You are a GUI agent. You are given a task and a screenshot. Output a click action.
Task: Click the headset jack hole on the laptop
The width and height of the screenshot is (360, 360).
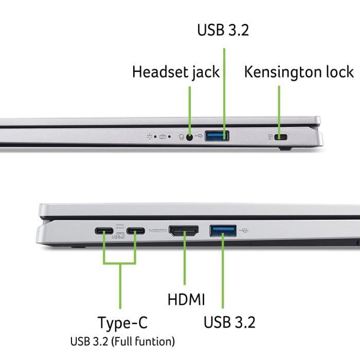click(x=190, y=137)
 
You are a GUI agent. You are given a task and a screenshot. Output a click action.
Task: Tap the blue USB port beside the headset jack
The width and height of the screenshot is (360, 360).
click(x=217, y=136)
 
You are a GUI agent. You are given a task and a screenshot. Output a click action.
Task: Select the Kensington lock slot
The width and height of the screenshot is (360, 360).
click(x=281, y=137)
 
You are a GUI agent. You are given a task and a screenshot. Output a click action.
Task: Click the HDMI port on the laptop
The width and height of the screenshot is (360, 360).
click(x=184, y=231)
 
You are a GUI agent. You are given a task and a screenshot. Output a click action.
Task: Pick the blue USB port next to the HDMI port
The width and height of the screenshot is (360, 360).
click(x=223, y=230)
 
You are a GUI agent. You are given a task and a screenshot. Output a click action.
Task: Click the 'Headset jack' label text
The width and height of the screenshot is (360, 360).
click(x=176, y=72)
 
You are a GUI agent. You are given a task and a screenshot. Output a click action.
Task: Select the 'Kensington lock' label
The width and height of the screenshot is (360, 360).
click(x=299, y=71)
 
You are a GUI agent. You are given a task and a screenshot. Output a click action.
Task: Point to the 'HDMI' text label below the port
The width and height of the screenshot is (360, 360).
click(x=186, y=299)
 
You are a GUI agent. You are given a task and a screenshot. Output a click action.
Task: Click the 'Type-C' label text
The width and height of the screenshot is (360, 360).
click(x=122, y=323)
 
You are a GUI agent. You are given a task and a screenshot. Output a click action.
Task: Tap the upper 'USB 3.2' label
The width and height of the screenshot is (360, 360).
click(x=223, y=29)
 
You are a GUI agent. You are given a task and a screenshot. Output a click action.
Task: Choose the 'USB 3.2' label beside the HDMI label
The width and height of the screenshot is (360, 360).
click(x=229, y=322)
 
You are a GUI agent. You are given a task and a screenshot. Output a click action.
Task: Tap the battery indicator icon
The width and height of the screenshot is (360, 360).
click(x=163, y=137)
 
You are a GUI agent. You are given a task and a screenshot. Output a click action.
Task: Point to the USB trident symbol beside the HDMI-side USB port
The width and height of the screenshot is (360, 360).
click(x=244, y=230)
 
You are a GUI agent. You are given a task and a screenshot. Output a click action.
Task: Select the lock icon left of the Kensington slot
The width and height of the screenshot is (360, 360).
click(x=271, y=137)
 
